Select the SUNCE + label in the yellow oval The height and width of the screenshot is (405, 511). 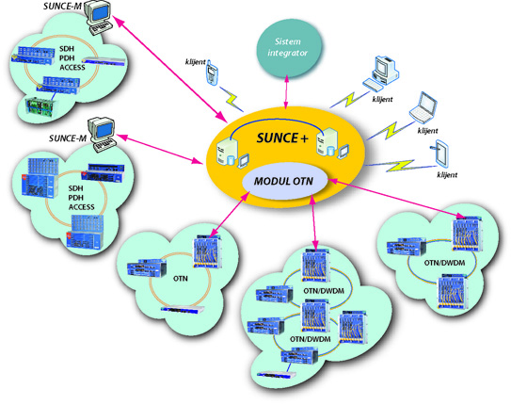[280, 138]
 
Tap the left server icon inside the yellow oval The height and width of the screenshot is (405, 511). [228, 146]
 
